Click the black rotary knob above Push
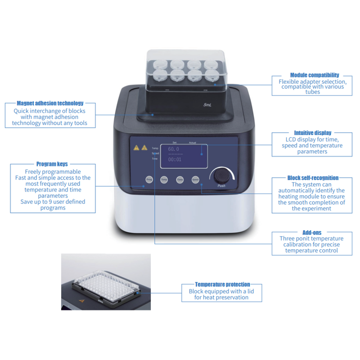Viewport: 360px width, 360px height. point(221,175)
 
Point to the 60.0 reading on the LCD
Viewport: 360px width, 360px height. point(173,149)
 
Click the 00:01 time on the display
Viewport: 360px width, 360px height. point(174,159)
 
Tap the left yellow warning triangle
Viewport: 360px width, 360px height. point(136,147)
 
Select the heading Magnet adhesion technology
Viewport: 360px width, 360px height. point(50,103)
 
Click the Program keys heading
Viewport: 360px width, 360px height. point(52,164)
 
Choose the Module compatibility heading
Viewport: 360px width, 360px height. point(315,75)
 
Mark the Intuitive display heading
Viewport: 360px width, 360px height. point(313,133)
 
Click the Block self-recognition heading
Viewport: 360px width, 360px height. point(313,178)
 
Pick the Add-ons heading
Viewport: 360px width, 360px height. point(312,232)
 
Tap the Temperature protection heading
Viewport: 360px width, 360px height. point(222,284)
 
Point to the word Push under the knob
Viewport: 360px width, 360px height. point(221,186)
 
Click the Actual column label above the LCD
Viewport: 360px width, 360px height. point(192,143)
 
